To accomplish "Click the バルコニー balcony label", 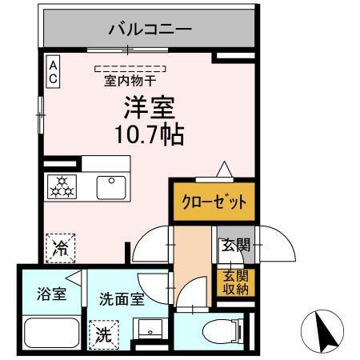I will tap(150, 30).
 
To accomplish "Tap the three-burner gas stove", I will tap(62, 188).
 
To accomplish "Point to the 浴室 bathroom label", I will tap(50, 294).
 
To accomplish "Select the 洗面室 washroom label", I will tap(122, 300).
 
